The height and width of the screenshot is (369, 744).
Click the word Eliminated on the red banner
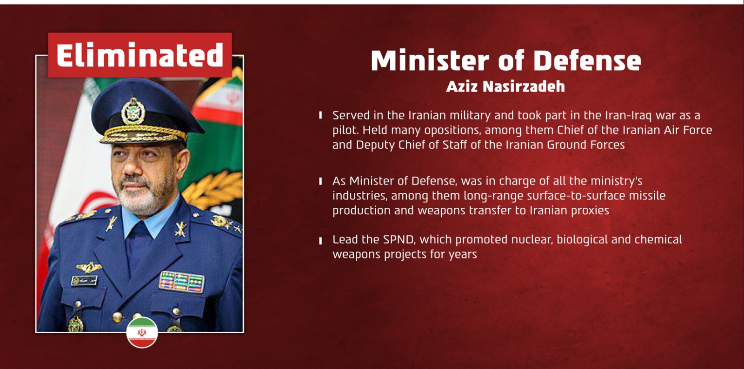[140, 55]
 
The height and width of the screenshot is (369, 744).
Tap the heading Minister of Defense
[506, 60]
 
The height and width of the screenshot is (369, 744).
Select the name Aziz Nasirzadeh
[505, 86]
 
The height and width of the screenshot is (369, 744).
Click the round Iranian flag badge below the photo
[142, 332]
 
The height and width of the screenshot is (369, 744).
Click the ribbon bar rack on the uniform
[181, 282]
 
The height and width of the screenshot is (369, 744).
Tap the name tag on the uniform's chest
[84, 281]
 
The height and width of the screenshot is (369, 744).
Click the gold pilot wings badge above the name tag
[89, 267]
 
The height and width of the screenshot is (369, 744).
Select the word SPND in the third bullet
[399, 239]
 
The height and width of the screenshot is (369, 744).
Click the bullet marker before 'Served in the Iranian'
[320, 115]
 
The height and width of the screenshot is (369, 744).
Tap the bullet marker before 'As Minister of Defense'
[320, 181]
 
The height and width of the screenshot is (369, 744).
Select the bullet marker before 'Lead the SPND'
[320, 240]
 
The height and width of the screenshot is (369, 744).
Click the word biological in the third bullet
[582, 240]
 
